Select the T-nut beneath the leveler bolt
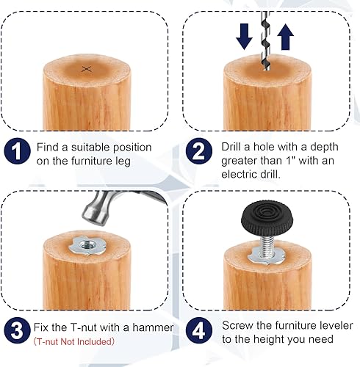265,253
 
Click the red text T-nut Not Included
75,341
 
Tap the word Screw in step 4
237,324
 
